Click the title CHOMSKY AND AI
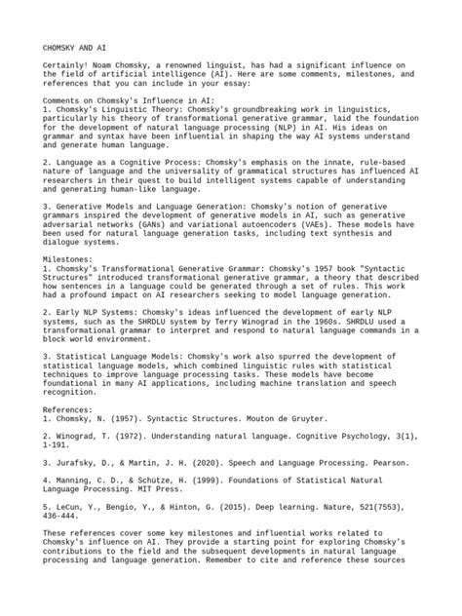pos(74,48)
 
